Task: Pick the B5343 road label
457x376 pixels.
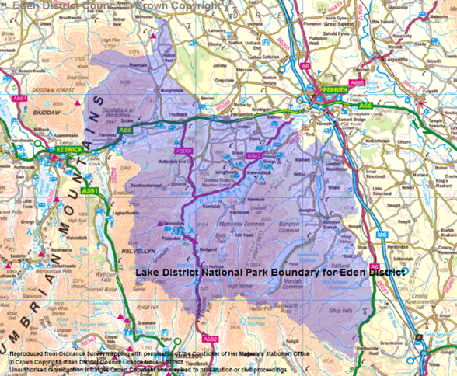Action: pyautogui.click(x=92, y=339)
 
